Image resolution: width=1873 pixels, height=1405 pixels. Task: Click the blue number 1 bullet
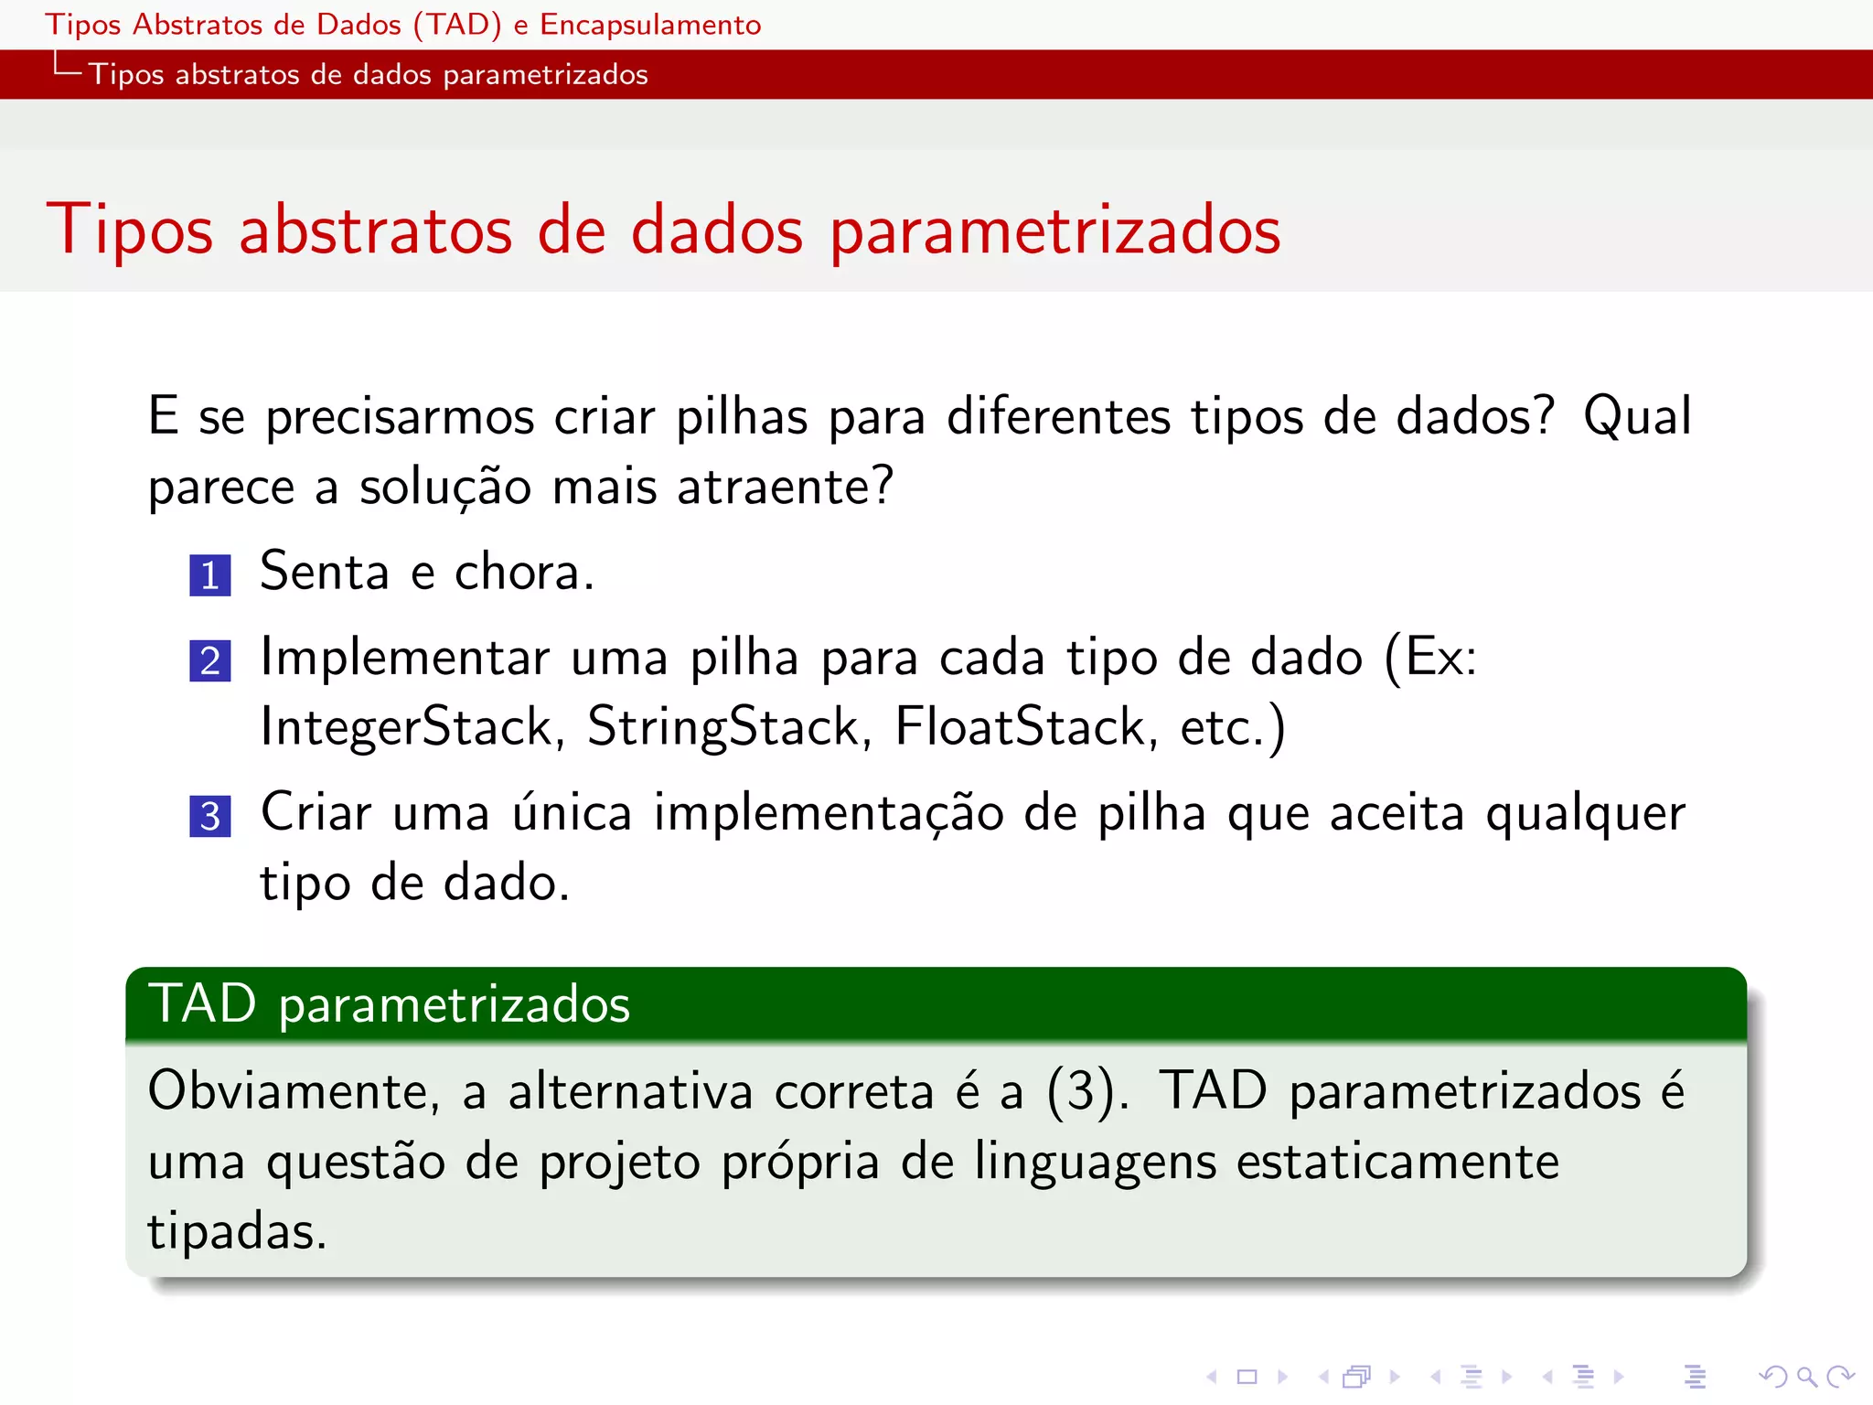[209, 575]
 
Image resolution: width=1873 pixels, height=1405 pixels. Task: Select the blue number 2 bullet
[209, 660]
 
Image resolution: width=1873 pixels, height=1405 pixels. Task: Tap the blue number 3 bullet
[209, 816]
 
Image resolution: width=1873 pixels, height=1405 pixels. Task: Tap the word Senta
[325, 573]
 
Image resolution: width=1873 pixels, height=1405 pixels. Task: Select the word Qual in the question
[1637, 417]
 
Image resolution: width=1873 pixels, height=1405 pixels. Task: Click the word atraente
[784, 487]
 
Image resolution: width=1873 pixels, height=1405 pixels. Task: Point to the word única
[572, 813]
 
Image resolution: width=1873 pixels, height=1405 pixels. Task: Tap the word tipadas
[236, 1232]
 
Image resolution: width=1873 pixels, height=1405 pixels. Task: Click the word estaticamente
[1397, 1163]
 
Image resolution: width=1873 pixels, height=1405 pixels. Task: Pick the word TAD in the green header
[202, 1003]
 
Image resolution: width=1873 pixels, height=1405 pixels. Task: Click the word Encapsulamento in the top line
[650, 25]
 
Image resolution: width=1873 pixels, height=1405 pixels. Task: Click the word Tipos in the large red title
[130, 231]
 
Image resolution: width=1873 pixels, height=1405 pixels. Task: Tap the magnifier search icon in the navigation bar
[1805, 1376]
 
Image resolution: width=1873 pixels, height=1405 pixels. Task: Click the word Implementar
[405, 658]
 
